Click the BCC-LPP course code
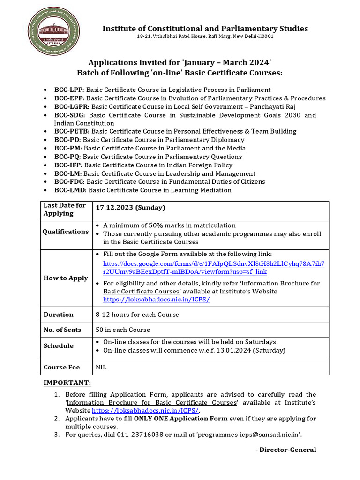pyautogui.click(x=68, y=90)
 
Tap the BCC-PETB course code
pyautogui.click(x=72, y=131)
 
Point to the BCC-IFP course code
pyautogui.click(x=68, y=165)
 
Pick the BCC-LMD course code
pyautogui.click(x=70, y=190)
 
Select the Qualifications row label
pyautogui.click(x=66, y=232)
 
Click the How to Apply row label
pyautogui.click(x=66, y=278)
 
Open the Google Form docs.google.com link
pyautogui.click(x=213, y=267)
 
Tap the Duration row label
pyautogui.click(x=59, y=315)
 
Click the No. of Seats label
pyautogui.click(x=62, y=330)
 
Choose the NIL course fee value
pyautogui.click(x=101, y=367)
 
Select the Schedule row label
pyautogui.click(x=59, y=346)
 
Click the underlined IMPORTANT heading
pyautogui.click(x=67, y=382)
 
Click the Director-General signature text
pyautogui.click(x=285, y=450)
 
